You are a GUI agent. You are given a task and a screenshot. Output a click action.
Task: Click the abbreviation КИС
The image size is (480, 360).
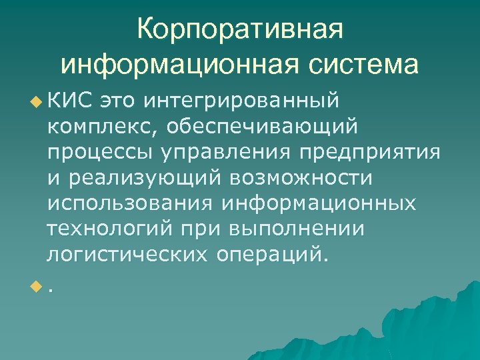[69, 101]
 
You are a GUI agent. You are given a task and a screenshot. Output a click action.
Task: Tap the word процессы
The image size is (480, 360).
[99, 152]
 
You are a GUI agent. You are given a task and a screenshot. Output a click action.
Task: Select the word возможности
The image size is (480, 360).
[302, 177]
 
